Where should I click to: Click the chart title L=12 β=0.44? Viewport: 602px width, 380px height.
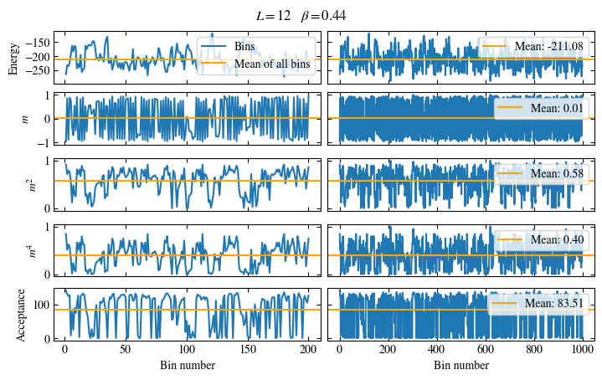[x=301, y=15]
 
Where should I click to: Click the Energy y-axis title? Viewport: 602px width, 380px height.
[x=13, y=56]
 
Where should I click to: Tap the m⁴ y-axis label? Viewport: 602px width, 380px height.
[x=32, y=250]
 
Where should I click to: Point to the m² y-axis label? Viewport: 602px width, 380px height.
[x=32, y=183]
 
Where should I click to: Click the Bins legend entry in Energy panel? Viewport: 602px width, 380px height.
[x=245, y=46]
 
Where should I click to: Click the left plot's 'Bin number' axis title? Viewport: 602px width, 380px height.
[x=187, y=365]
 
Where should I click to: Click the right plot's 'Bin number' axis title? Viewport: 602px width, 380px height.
[x=461, y=365]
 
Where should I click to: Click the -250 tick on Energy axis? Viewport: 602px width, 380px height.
[x=39, y=71]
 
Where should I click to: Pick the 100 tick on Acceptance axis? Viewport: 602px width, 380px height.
[x=41, y=305]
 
